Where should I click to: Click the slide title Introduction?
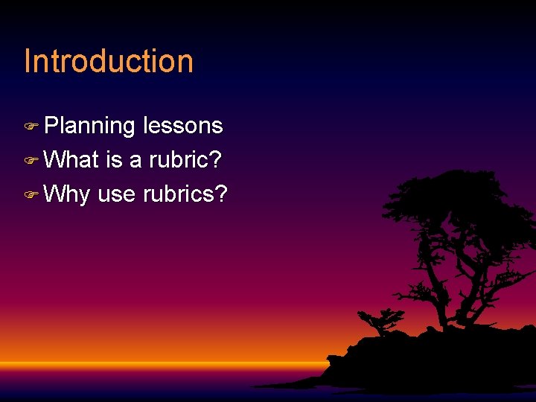pyautogui.click(x=109, y=61)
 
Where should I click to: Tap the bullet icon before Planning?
pyautogui.click(x=31, y=127)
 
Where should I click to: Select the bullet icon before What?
pyautogui.click(x=31, y=161)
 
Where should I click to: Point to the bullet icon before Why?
pyautogui.click(x=31, y=195)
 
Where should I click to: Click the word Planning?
pyautogui.click(x=89, y=127)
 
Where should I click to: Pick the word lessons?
pyautogui.click(x=182, y=126)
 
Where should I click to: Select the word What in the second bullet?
pyautogui.click(x=72, y=160)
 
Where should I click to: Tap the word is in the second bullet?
pyautogui.click(x=114, y=160)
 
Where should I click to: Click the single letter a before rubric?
pyautogui.click(x=135, y=161)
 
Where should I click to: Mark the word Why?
pyautogui.click(x=67, y=195)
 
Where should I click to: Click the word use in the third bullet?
pyautogui.click(x=116, y=195)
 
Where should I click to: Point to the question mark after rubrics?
pyautogui.click(x=221, y=194)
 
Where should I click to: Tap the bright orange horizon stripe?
pyautogui.click(x=149, y=364)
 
